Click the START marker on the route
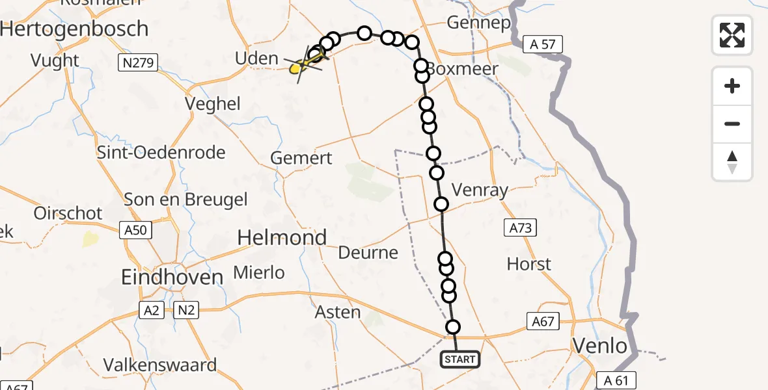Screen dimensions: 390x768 click(460, 359)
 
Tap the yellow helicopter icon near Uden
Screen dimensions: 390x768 click(301, 65)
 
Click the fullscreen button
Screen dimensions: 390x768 click(732, 35)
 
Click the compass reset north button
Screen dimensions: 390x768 click(732, 162)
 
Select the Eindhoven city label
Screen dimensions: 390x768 click(172, 278)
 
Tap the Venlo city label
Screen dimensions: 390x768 click(600, 346)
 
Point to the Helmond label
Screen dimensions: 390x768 click(282, 238)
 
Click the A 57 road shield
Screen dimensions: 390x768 click(543, 44)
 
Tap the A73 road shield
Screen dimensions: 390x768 click(520, 227)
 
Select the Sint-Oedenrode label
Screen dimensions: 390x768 click(161, 153)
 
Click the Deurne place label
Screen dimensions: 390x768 click(368, 252)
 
